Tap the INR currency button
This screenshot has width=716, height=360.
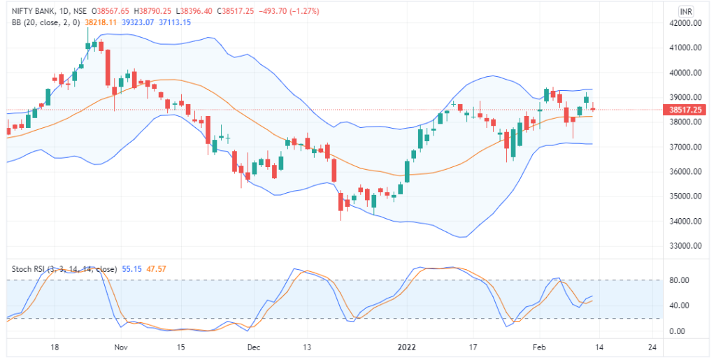coord(687,12)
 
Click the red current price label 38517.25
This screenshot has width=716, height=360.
coord(686,110)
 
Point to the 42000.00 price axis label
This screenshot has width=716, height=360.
coord(685,23)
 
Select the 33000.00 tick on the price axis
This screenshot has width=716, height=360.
coord(685,246)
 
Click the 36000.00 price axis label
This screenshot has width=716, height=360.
coord(685,172)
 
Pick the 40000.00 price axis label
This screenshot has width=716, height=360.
coord(685,73)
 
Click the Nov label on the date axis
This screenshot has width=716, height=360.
coord(121,347)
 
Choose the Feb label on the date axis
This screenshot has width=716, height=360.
coord(538,347)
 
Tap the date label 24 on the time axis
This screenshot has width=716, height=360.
coord(652,347)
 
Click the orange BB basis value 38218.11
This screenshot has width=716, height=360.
coord(101,22)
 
